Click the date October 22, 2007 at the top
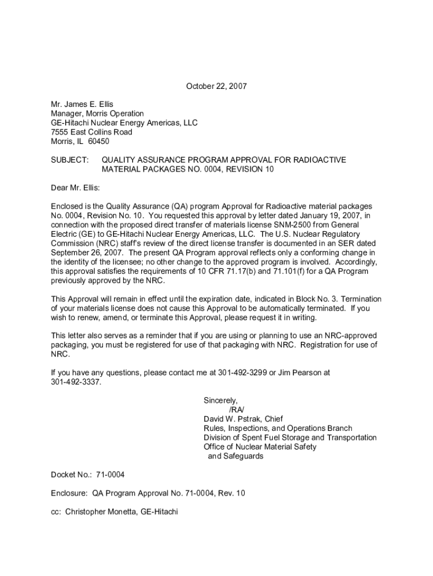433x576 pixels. [x=216, y=87]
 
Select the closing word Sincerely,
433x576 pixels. [x=220, y=400]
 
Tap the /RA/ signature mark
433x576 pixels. [x=237, y=409]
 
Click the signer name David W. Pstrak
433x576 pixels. [x=233, y=419]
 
